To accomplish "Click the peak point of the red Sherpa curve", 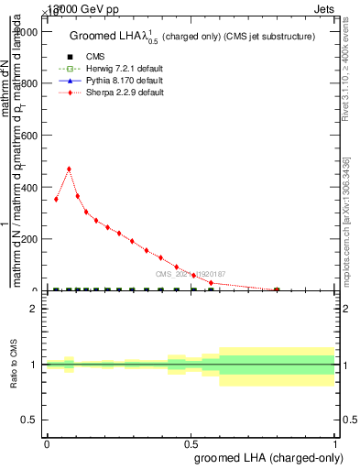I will click(x=69, y=169).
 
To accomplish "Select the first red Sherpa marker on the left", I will click(x=56, y=199).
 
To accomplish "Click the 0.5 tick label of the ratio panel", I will click(x=30, y=420).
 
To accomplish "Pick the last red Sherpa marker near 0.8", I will click(x=277, y=289).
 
